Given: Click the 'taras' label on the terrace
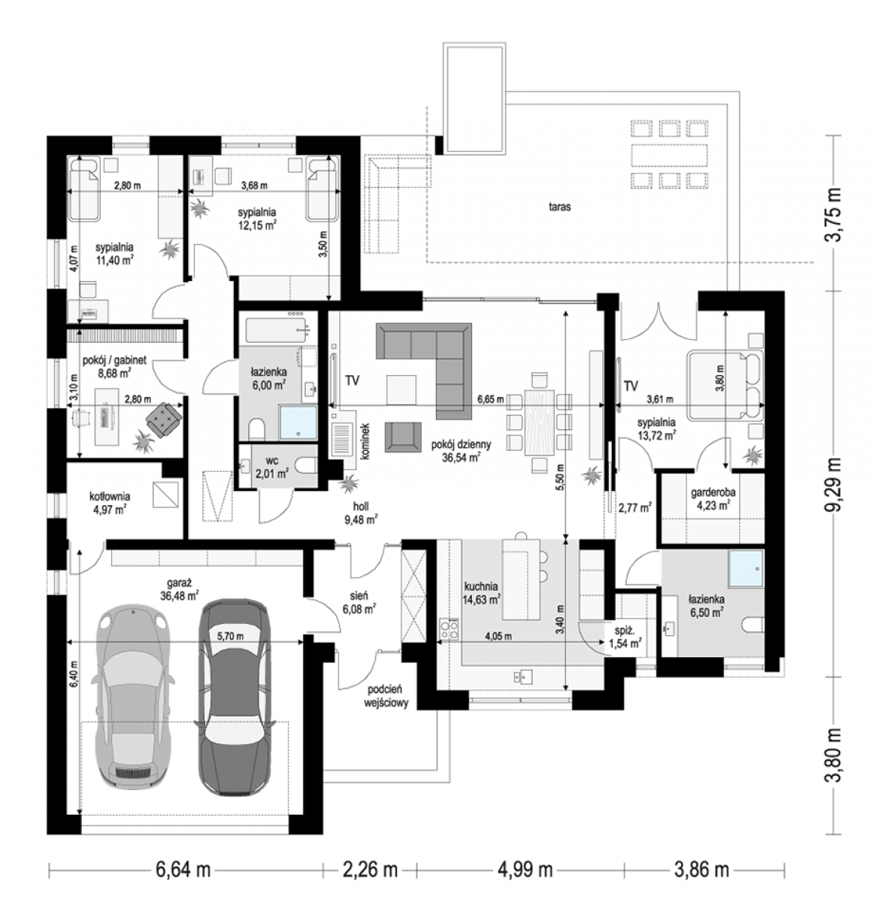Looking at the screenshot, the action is (559, 207).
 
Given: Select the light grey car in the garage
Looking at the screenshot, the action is (134, 696).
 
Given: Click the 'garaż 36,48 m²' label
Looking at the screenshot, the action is (180, 589).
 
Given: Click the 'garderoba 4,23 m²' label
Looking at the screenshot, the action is (713, 499).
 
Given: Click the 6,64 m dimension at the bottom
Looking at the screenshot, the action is (183, 869).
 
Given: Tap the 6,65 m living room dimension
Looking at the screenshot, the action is (490, 399).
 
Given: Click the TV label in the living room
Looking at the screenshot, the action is (353, 380).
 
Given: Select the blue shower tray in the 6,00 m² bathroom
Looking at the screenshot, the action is (298, 422).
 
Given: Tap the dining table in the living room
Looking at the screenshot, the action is (539, 422).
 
